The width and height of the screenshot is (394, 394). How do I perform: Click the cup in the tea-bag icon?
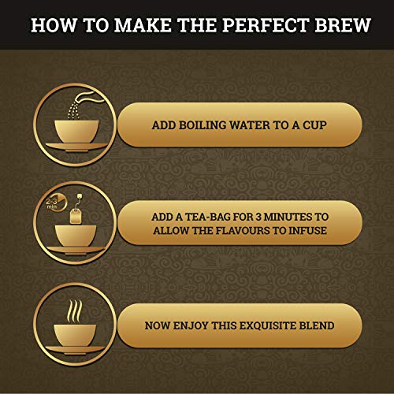pyautogui.click(x=74, y=235)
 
